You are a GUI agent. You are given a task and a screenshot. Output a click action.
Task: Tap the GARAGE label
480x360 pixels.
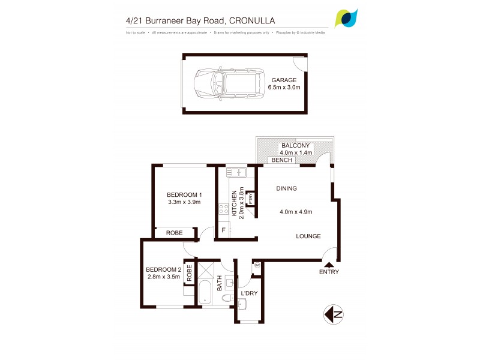coord(284,80)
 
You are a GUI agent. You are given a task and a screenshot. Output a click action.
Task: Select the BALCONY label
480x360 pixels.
coord(295,145)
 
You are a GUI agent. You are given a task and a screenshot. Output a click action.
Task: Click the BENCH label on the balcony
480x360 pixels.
coord(282,160)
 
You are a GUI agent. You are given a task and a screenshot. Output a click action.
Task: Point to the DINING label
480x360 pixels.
coord(287,188)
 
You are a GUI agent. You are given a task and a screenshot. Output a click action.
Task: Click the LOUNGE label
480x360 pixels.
coord(308,236)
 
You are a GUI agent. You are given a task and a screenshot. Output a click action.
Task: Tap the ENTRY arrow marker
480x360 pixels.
coord(329,263)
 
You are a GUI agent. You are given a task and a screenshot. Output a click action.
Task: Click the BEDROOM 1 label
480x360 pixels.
coord(184,194)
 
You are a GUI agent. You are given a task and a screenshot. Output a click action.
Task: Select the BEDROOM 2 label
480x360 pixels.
coord(163,269)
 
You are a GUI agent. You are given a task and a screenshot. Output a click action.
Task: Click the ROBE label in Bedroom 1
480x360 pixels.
coord(175,233)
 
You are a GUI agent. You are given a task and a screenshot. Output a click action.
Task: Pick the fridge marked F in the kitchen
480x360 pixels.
coord(224,230)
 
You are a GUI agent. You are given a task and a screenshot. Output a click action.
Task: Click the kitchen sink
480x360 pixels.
coord(238,173)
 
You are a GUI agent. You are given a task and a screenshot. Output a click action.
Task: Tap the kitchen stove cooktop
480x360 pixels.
coord(223,209)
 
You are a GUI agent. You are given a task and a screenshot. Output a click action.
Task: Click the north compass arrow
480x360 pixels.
coord(334,314)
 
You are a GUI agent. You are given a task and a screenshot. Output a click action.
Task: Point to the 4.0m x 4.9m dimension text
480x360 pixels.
coord(296,211)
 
